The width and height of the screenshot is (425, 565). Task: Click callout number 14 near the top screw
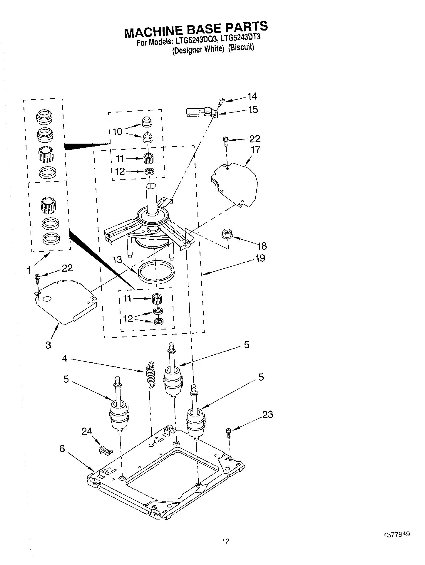coord(252,96)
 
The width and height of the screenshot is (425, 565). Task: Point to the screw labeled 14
coord(221,102)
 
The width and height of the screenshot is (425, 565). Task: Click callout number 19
coord(260,258)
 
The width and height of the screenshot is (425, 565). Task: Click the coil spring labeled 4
coord(150,376)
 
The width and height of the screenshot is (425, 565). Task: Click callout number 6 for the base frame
coord(62,449)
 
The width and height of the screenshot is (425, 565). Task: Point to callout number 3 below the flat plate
coord(48,345)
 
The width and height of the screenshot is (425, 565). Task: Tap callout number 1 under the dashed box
coord(29,270)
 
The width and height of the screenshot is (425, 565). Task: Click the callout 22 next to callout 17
coord(255,139)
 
